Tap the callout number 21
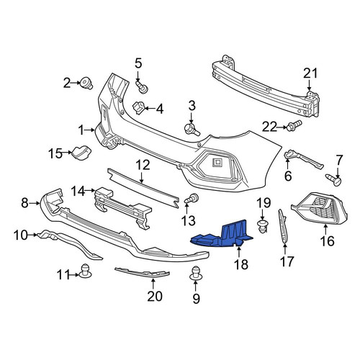click(310, 73)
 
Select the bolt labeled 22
click(294, 125)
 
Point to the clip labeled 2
click(86, 83)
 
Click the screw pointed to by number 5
click(142, 87)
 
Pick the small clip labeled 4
click(138, 107)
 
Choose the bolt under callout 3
click(192, 129)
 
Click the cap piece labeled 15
click(81, 152)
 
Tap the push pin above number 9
click(196, 274)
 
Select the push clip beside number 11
click(85, 271)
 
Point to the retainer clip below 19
click(262, 226)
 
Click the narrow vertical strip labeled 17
click(283, 227)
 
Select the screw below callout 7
click(333, 179)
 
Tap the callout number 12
click(143, 165)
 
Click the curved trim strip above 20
click(142, 273)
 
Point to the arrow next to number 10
click(32, 235)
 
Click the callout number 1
click(81, 130)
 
